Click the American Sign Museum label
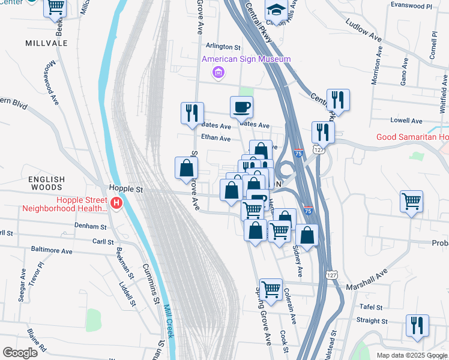click(246, 59)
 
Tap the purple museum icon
click(218, 73)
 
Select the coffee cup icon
click(241, 107)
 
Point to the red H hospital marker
click(117, 204)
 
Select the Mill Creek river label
click(168, 322)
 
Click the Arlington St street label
click(223, 46)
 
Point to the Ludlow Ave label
click(363, 30)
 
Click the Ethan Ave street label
click(215, 138)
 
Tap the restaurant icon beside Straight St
click(417, 325)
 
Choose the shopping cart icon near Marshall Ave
click(271, 289)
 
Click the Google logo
click(20, 353)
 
